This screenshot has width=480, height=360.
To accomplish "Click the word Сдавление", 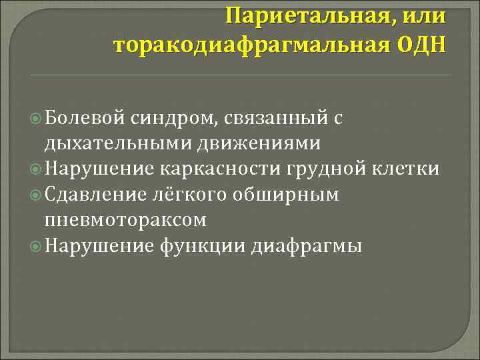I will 97,194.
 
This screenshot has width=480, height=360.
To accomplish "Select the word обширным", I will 287,194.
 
